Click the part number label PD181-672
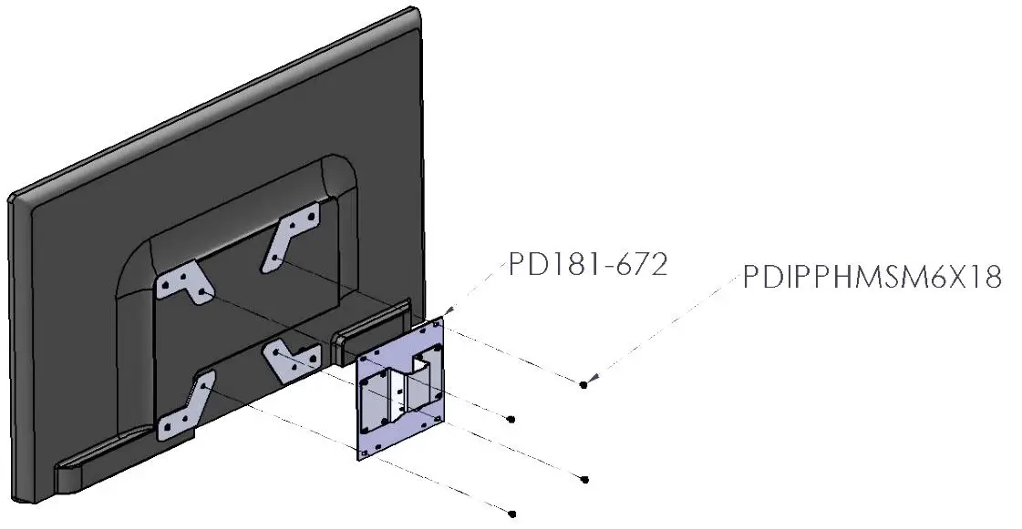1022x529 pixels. [588, 265]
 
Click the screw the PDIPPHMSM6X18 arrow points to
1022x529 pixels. [583, 385]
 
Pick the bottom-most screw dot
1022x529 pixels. [512, 514]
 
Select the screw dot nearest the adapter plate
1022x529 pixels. [511, 419]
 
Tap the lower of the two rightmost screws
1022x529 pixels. [583, 479]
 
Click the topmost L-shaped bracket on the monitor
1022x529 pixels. [292, 236]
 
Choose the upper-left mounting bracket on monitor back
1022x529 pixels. [183, 283]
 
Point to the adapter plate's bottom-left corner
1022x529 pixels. [360, 455]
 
